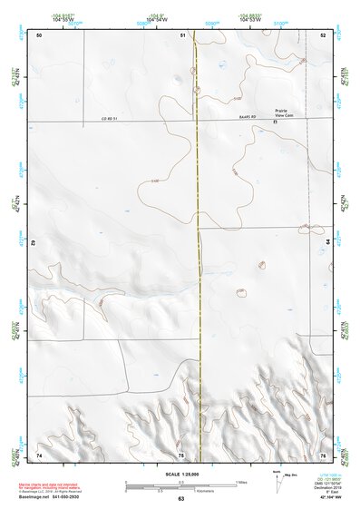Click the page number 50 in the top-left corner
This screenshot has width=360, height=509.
click(39, 34)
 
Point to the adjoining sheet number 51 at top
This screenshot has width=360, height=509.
click(182, 34)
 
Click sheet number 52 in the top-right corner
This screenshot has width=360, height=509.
click(322, 34)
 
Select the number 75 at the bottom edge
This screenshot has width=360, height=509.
click(181, 454)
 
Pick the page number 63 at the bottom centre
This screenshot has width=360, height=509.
click(180, 498)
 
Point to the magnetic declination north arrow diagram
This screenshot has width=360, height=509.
click(278, 482)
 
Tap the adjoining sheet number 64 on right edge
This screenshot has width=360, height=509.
click(327, 243)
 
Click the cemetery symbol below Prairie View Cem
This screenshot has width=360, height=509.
click(274, 121)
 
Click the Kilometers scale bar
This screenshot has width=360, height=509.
click(181, 488)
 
